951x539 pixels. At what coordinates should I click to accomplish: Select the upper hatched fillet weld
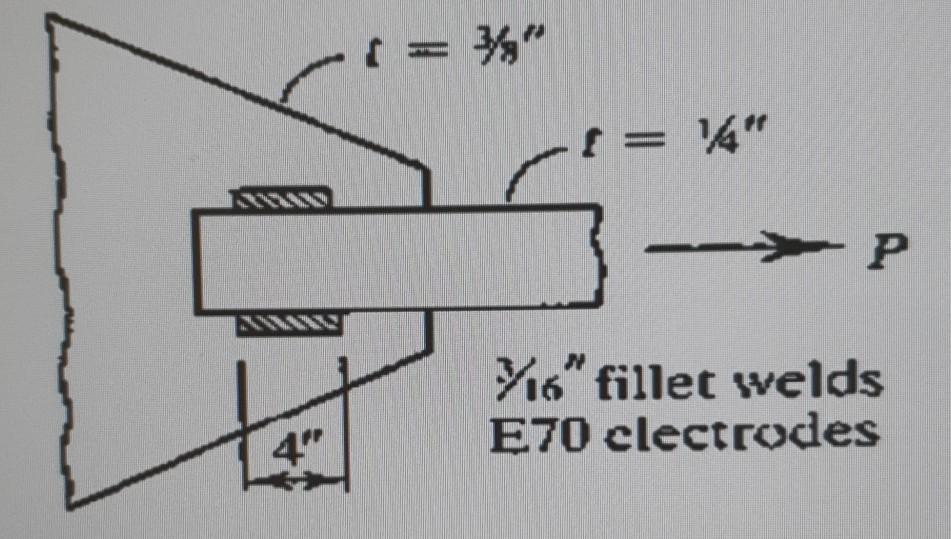[283, 197]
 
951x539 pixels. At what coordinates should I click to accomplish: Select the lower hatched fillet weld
[291, 322]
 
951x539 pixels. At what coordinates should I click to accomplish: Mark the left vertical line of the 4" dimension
[241, 420]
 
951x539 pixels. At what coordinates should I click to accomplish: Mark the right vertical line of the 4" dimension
[346, 420]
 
